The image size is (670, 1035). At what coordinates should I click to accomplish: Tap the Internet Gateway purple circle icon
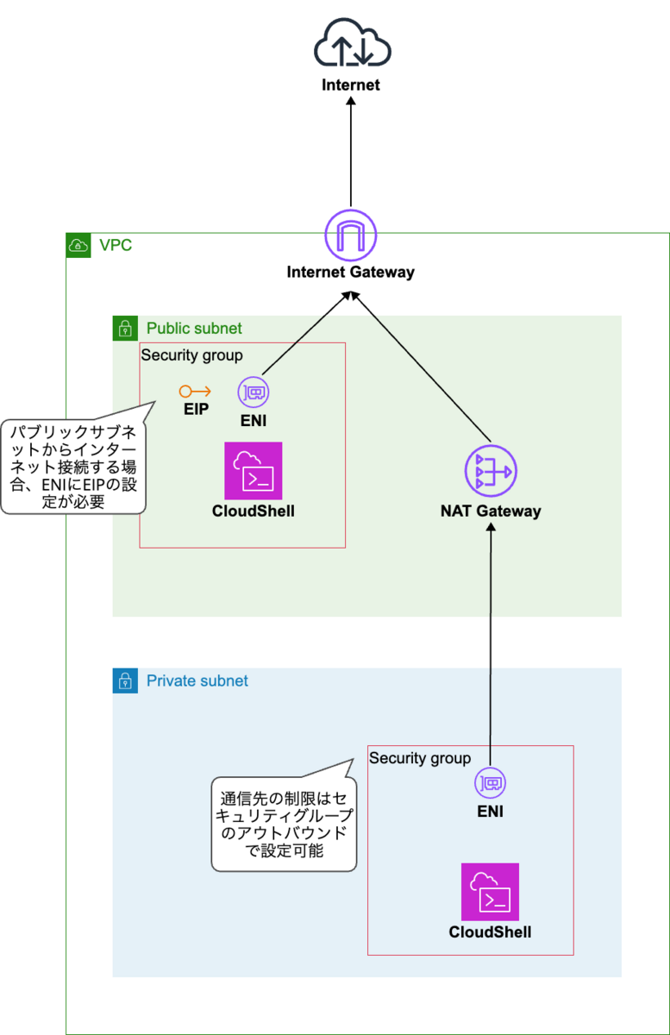[x=350, y=235]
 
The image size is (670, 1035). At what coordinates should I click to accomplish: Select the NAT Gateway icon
[x=490, y=472]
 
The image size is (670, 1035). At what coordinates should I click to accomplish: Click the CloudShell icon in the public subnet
[x=253, y=471]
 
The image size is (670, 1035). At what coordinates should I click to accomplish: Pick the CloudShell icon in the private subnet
[x=490, y=892]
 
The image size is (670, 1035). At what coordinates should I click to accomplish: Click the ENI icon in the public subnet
[x=253, y=392]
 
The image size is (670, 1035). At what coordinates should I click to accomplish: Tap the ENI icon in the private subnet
[x=490, y=784]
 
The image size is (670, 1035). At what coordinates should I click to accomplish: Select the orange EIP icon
[x=195, y=392]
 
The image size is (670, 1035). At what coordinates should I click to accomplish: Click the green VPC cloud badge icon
[x=78, y=246]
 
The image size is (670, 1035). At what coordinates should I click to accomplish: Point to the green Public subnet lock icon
[x=125, y=329]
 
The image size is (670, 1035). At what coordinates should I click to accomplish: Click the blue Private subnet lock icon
[x=125, y=681]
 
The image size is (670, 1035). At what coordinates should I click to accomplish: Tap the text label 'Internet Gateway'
[x=350, y=273]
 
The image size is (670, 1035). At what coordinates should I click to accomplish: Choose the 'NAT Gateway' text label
[x=490, y=511]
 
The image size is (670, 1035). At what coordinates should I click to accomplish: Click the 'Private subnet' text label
[x=197, y=681]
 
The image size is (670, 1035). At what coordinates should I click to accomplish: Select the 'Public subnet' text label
[x=194, y=329]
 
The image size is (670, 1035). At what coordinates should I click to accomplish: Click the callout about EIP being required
[x=73, y=466]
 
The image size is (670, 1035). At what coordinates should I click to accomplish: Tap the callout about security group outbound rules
[x=284, y=823]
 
